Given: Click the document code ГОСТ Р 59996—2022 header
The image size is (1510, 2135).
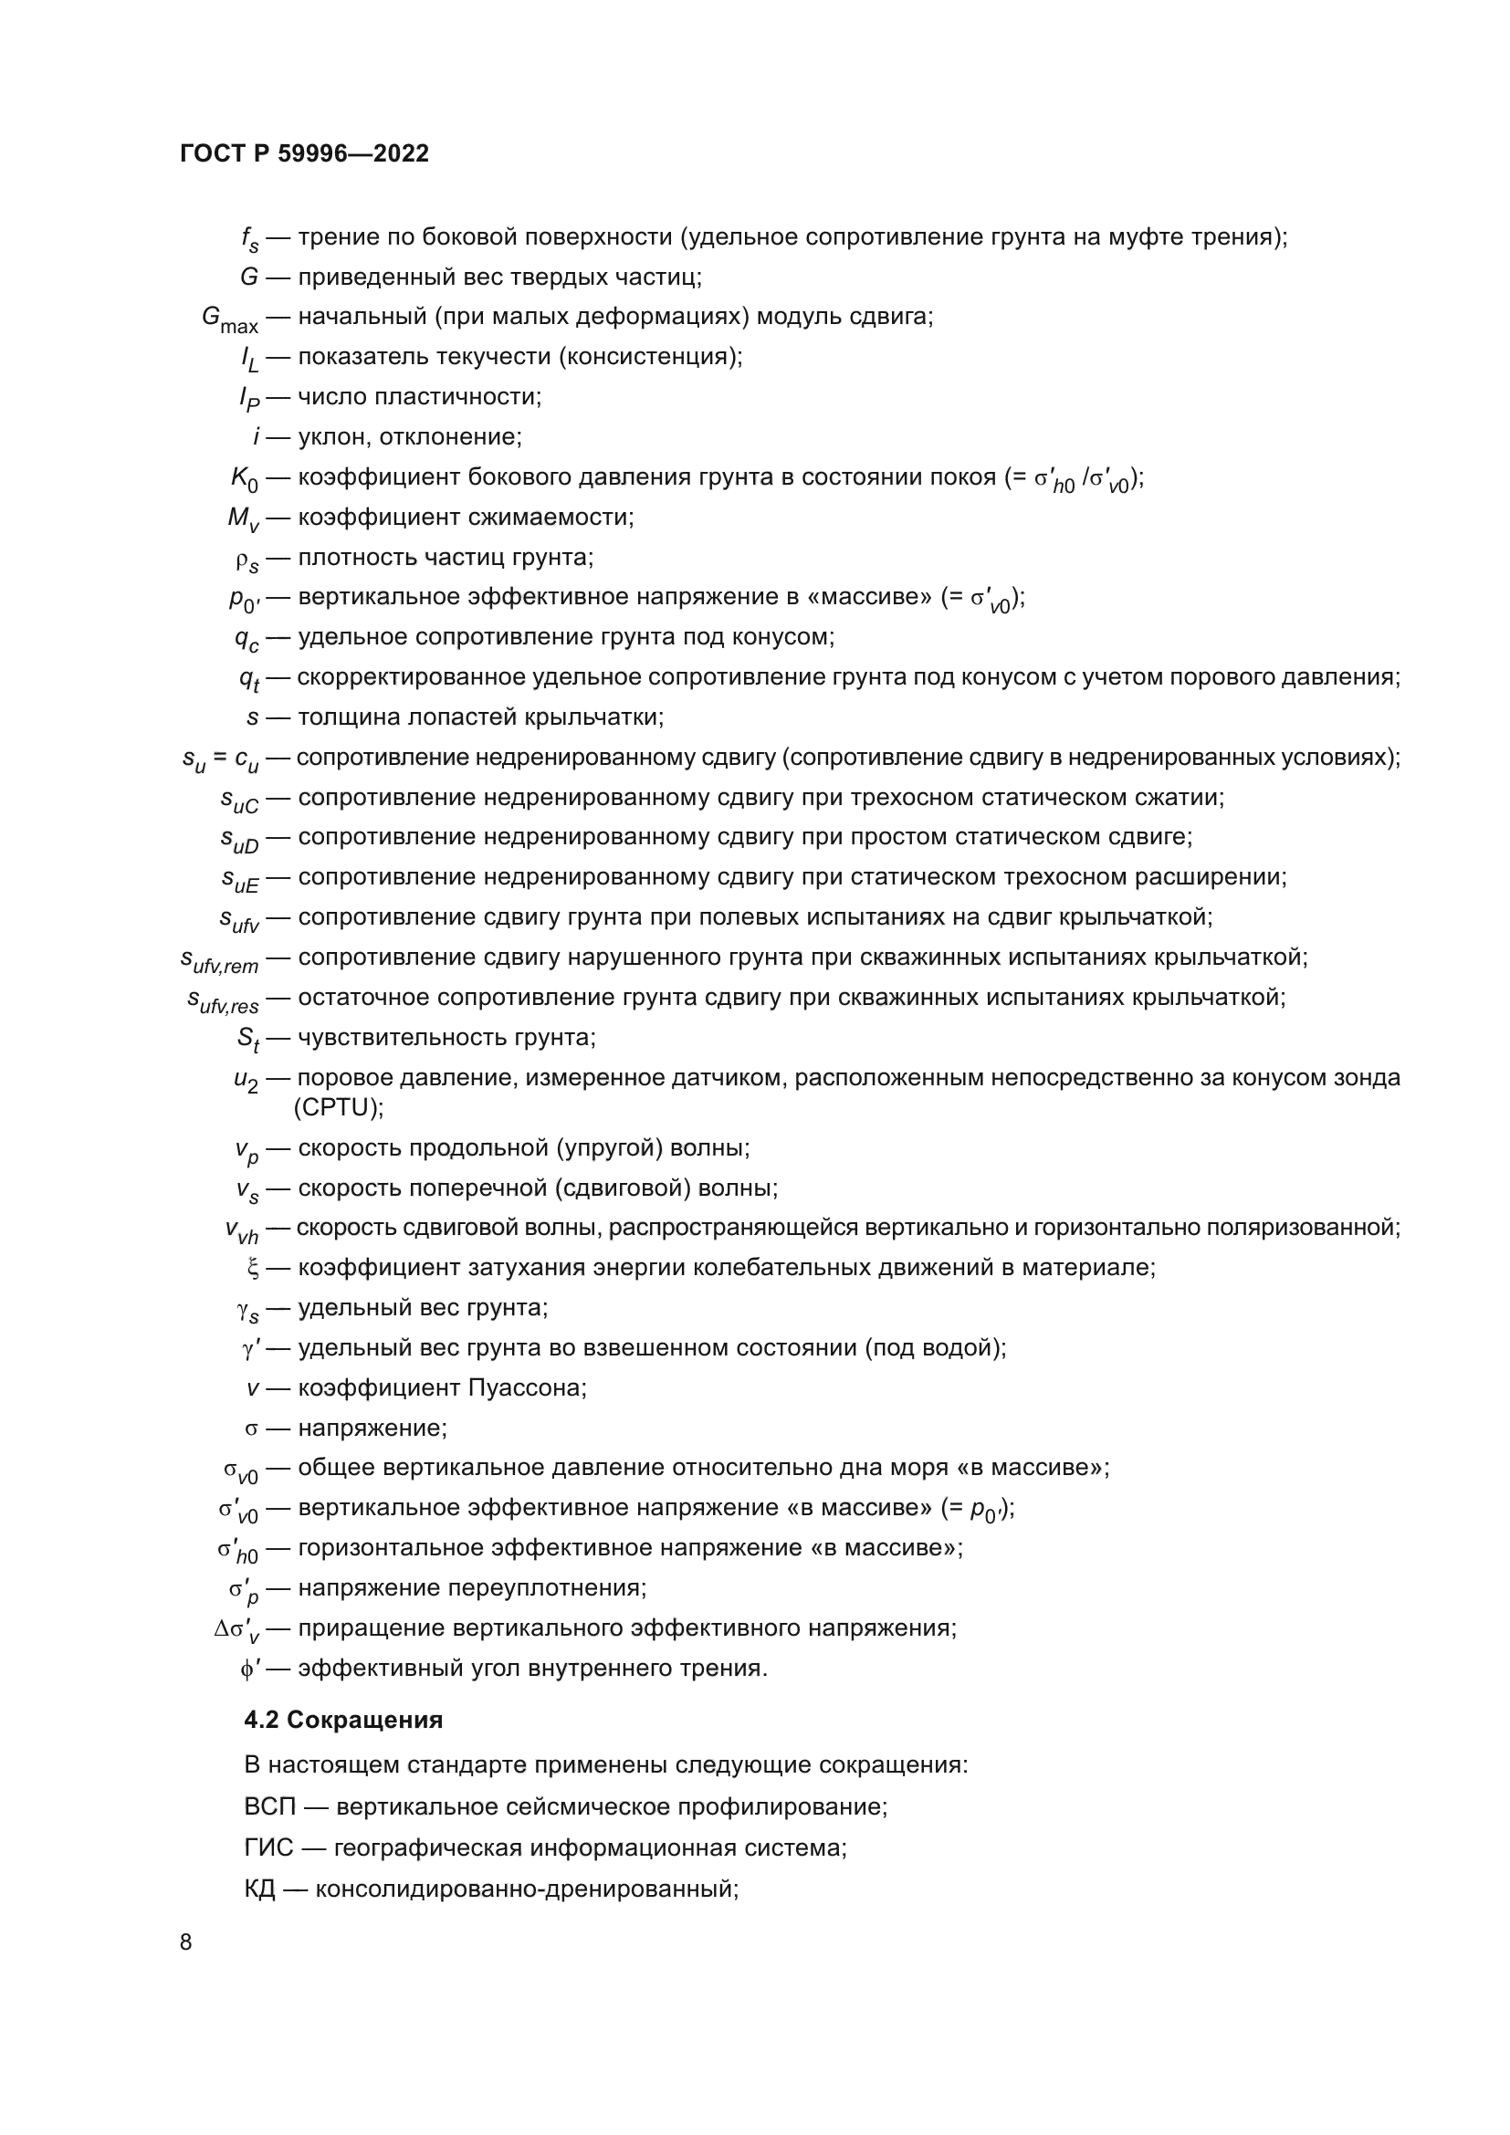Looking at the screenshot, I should [304, 153].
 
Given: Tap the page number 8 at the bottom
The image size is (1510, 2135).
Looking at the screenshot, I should [186, 1942].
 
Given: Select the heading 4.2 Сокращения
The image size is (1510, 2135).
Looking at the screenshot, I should [343, 1721].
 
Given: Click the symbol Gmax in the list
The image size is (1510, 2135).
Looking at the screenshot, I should [230, 319].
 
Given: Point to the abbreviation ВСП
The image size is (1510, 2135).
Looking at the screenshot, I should [269, 1806].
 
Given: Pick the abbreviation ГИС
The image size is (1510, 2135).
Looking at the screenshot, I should [268, 1847].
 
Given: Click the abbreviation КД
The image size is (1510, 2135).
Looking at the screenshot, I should [259, 1889].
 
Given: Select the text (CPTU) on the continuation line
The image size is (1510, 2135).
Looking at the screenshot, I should [339, 1107].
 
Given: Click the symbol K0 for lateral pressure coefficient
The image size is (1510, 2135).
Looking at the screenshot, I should [245, 479].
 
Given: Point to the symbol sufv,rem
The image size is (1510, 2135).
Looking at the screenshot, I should [219, 959].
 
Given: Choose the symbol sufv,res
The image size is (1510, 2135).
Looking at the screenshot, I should [223, 999].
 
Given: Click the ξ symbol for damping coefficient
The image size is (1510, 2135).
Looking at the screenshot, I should [252, 1269].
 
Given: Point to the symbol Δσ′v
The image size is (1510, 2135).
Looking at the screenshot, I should [236, 1629].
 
